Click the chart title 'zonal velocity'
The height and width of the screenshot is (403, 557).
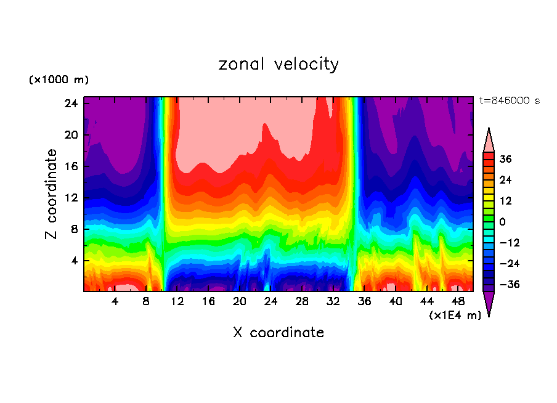click(x=278, y=64)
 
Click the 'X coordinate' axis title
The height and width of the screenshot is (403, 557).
click(x=278, y=333)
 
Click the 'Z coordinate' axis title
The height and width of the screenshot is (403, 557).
click(x=52, y=194)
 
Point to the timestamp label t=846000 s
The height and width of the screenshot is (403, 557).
click(x=509, y=100)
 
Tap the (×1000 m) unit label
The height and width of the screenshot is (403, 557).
click(x=59, y=80)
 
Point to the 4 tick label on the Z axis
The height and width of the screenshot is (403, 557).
click(x=74, y=261)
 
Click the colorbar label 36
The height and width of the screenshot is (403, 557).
click(x=505, y=159)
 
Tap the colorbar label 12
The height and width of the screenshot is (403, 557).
click(x=505, y=201)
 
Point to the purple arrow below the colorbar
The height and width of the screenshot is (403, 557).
click(x=489, y=303)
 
